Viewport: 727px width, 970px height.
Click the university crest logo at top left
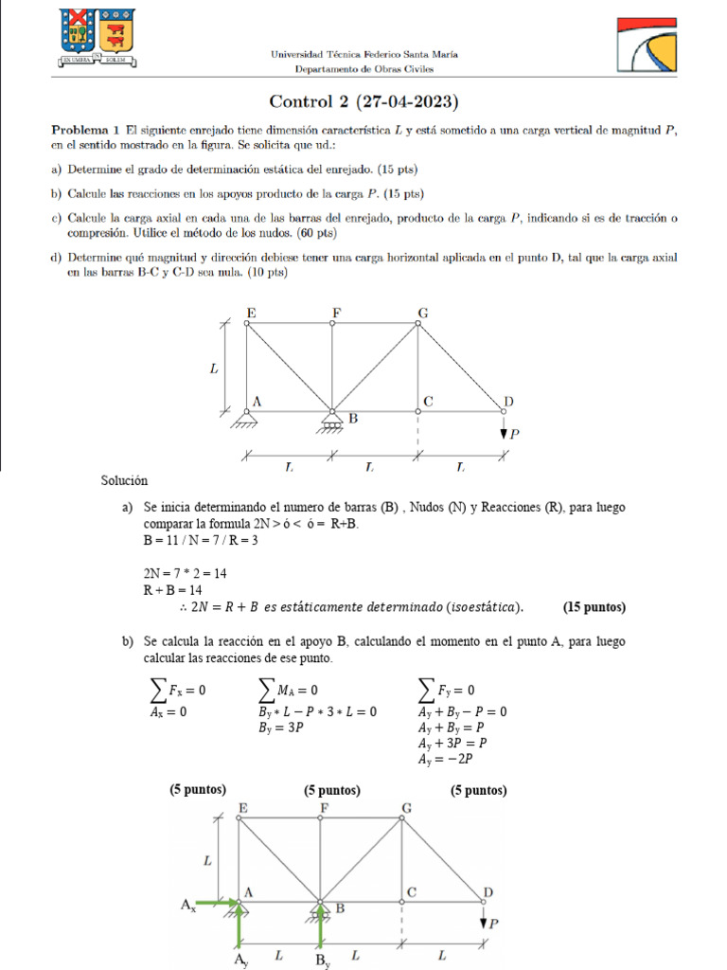(x=97, y=38)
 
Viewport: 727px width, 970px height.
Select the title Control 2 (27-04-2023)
(x=363, y=101)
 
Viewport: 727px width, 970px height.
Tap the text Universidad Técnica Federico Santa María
(x=364, y=55)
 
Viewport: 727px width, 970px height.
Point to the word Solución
(x=124, y=481)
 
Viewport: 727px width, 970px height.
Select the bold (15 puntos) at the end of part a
(x=594, y=607)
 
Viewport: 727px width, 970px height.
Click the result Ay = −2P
(x=445, y=759)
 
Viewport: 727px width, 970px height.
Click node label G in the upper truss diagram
(x=421, y=312)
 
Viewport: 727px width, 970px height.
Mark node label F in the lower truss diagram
(x=324, y=807)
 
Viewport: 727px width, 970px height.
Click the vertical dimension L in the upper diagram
(x=214, y=369)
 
